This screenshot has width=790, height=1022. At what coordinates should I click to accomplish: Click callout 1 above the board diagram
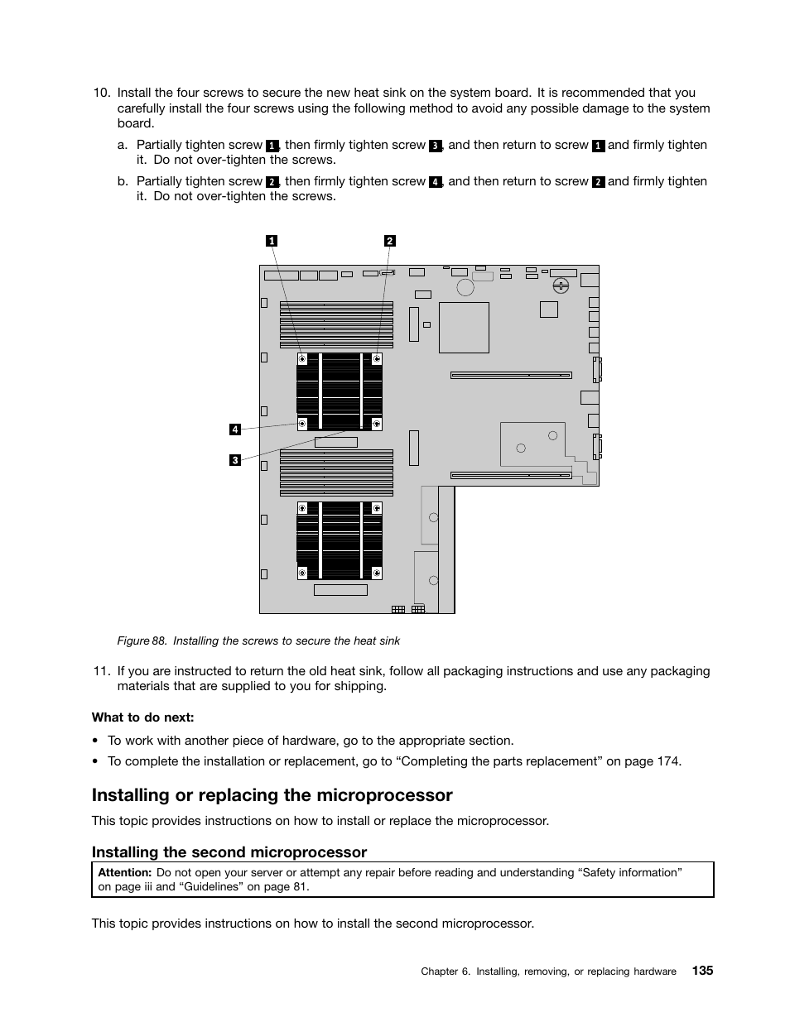pos(271,241)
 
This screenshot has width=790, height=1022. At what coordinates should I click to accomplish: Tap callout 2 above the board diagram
pos(390,241)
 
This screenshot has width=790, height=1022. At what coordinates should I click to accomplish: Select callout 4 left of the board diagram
pos(235,429)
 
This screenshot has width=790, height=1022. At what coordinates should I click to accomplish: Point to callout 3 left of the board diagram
pos(235,460)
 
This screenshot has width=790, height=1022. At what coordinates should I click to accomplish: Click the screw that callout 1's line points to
pos(302,359)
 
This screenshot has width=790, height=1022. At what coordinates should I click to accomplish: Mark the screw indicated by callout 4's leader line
pos(302,424)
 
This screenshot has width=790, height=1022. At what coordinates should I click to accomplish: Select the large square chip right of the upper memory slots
pos(464,328)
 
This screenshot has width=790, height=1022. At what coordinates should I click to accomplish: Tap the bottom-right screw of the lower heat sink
pos(377,572)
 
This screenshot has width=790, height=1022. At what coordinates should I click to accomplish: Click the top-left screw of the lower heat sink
pos(302,507)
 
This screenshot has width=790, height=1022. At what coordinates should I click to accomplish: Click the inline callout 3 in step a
pos(435,146)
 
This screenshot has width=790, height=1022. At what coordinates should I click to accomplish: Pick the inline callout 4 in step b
pos(435,182)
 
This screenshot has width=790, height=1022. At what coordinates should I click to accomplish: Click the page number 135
pos(702,971)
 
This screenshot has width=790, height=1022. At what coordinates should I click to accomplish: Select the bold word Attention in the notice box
pos(124,872)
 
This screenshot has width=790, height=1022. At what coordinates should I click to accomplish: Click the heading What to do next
pos(142,717)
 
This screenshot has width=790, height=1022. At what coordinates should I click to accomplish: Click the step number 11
pos(101,671)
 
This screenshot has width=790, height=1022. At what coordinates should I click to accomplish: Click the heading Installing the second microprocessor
pos(229,852)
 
